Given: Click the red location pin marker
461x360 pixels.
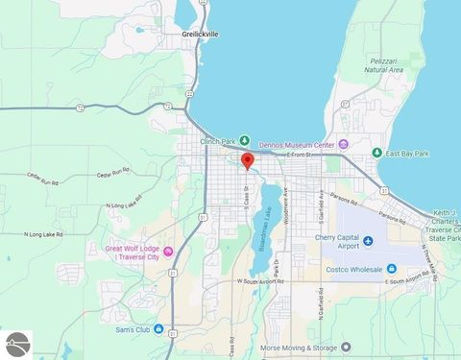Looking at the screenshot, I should coord(247,160).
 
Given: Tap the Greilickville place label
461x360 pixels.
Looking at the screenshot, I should coord(200,34).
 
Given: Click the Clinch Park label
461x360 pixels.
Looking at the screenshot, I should coord(218,141).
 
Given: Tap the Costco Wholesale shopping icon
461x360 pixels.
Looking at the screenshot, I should coord(392,268).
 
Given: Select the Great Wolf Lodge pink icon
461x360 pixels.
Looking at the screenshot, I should coord(169,252).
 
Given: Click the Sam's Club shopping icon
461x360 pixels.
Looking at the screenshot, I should coord(173,329).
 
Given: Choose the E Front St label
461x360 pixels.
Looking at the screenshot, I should coord(301,155).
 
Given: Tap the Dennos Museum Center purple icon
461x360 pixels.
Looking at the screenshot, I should coord(344,145).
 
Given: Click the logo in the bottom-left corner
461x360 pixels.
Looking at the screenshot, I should coord(16,345).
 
